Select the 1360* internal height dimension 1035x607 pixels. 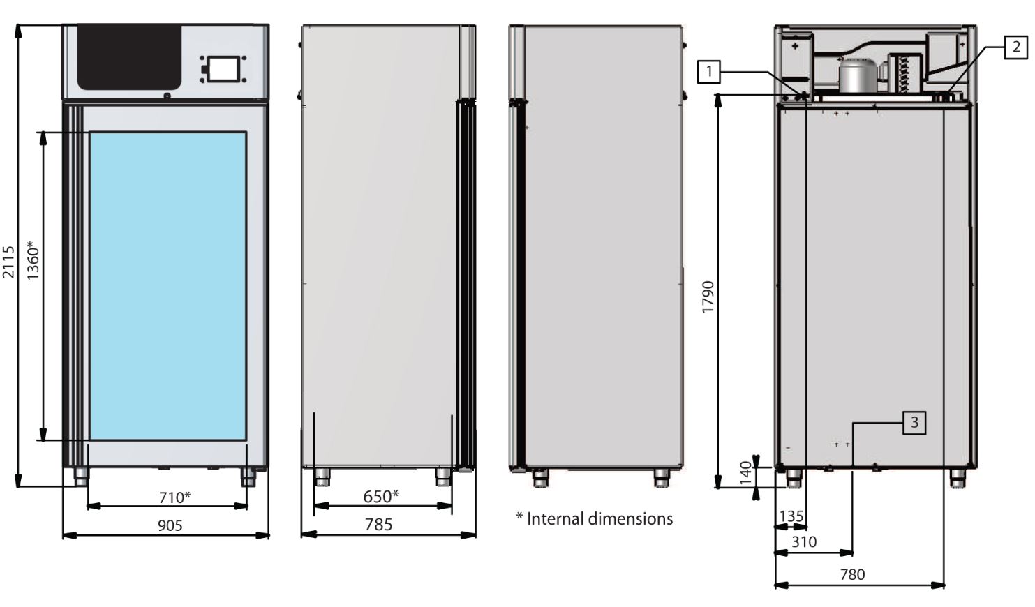point(32,260)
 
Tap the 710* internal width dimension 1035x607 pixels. point(174,497)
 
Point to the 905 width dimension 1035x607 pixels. point(170,525)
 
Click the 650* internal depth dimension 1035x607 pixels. point(381,497)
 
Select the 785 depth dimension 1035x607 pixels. point(379,525)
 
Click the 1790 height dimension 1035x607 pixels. point(708,297)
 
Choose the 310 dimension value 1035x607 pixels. point(804,541)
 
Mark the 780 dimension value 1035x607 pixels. point(852,574)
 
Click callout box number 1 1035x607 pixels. point(709,71)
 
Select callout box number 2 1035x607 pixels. point(1016,47)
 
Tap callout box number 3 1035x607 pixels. point(914,422)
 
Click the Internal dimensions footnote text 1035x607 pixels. point(595,518)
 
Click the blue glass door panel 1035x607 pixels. point(167,285)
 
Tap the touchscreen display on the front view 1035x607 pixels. point(223,69)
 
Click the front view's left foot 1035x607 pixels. point(82,477)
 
